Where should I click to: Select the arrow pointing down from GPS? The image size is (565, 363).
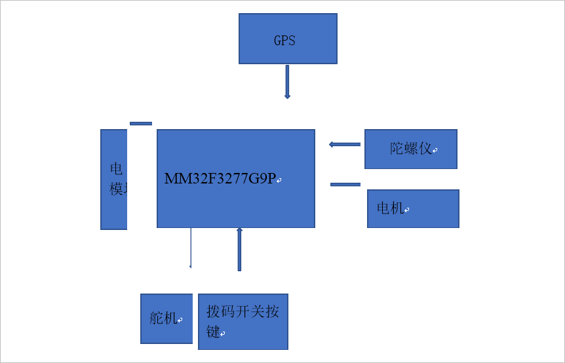[x=287, y=81]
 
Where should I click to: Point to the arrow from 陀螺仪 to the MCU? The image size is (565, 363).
[x=345, y=144]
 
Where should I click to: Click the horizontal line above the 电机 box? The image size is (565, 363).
[x=345, y=185]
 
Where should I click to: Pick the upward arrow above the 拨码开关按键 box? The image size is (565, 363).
[x=239, y=249]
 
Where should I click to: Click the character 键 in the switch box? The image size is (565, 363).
[x=213, y=332]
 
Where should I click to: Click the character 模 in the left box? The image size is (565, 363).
[x=117, y=189]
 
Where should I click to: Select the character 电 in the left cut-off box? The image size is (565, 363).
[x=116, y=169]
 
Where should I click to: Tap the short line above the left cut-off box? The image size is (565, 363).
[x=141, y=123]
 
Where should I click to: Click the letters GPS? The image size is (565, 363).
[x=284, y=40]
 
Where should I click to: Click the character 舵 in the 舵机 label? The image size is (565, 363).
[x=157, y=318]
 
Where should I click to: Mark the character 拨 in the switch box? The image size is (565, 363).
[x=214, y=311]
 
